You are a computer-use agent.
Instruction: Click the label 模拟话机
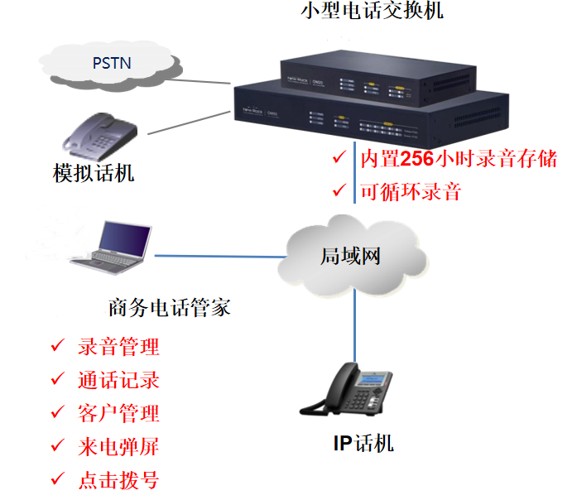click(94, 173)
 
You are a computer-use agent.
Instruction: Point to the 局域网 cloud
click(349, 254)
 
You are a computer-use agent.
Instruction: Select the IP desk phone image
click(353, 388)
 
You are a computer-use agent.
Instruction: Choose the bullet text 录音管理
click(118, 347)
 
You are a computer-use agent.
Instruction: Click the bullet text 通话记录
click(118, 380)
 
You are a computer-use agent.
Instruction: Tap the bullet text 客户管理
click(118, 413)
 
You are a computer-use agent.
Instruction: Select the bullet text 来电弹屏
click(118, 447)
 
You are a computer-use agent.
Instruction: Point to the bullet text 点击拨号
click(118, 480)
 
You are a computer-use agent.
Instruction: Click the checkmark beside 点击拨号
click(57, 478)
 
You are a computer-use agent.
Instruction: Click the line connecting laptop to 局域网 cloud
click(219, 256)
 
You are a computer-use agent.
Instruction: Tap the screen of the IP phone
click(375, 378)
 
